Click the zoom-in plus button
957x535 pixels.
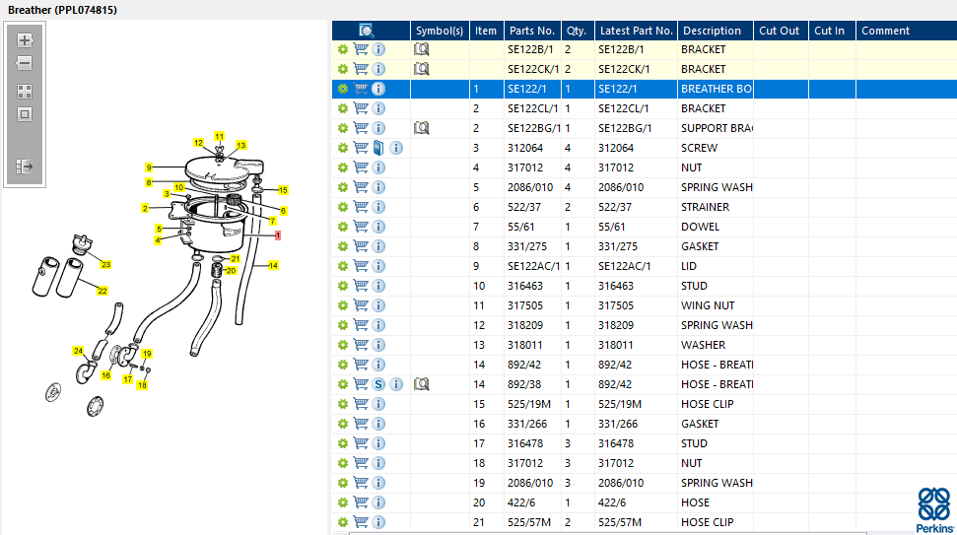(x=25, y=40)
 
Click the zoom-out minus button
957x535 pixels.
(x=25, y=63)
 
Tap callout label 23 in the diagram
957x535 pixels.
(x=105, y=265)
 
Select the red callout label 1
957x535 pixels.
(x=278, y=234)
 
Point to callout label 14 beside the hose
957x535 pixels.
(x=273, y=265)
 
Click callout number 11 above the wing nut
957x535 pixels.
(x=219, y=136)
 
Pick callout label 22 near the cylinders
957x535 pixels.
(x=102, y=291)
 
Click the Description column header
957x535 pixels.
(x=712, y=31)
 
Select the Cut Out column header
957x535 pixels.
(x=779, y=31)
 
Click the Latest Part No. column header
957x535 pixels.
(x=636, y=31)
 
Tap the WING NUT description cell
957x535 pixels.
(x=708, y=305)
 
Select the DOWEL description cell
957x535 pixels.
(x=700, y=227)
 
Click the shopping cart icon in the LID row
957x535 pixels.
(x=361, y=266)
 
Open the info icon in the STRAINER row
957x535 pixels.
(x=378, y=207)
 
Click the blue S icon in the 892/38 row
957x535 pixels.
(x=378, y=384)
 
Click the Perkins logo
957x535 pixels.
(x=934, y=510)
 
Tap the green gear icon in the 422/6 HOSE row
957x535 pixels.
(x=343, y=502)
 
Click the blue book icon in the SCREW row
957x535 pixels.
(x=378, y=148)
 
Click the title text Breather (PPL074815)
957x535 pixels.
(x=62, y=10)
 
